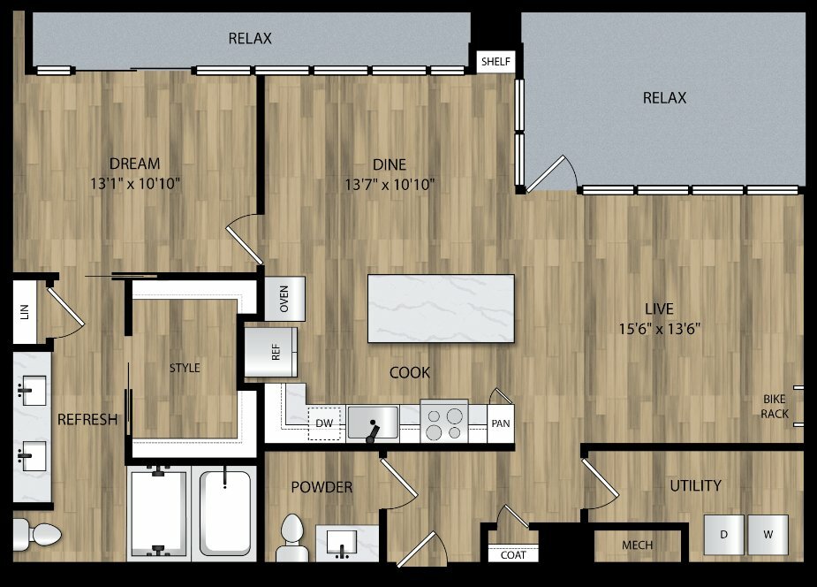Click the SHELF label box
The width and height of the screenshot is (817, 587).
click(x=495, y=62)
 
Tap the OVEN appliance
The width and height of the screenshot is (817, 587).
click(x=284, y=299)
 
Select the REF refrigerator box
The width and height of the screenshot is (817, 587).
click(x=271, y=352)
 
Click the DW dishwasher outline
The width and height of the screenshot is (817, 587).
click(x=324, y=423)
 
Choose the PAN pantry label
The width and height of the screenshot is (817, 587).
click(x=501, y=423)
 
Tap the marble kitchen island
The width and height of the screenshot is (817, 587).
click(x=441, y=309)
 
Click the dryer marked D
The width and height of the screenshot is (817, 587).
click(x=723, y=535)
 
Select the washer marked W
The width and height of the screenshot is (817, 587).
click(x=768, y=535)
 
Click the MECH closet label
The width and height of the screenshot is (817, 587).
click(x=637, y=545)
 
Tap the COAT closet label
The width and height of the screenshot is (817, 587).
click(x=513, y=555)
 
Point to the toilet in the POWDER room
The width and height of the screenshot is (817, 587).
click(x=291, y=538)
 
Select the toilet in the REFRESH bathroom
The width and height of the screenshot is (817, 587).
click(x=36, y=535)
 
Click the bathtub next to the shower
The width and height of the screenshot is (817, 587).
click(x=224, y=513)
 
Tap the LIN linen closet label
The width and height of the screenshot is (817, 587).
click(x=25, y=312)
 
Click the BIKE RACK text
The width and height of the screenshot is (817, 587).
click(x=775, y=406)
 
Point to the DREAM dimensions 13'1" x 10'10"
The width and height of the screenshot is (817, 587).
click(x=135, y=184)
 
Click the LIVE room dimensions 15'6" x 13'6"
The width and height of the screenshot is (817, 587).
click(x=659, y=329)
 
